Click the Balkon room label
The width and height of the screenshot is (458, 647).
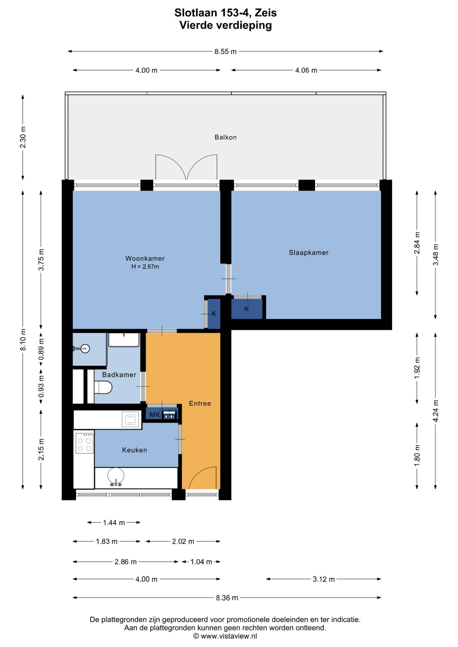(x=226, y=137)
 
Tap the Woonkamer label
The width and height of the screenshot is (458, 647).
(x=145, y=258)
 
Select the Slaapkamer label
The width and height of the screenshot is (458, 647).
(x=309, y=253)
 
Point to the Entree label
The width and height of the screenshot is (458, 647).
(x=200, y=403)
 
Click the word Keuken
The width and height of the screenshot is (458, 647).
(x=135, y=450)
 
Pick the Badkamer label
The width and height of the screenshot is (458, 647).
(x=119, y=375)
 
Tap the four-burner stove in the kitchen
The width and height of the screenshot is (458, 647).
(x=84, y=443)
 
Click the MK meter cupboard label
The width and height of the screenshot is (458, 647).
(x=155, y=415)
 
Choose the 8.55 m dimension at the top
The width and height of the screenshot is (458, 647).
(x=226, y=52)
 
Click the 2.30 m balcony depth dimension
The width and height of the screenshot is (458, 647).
(x=23, y=137)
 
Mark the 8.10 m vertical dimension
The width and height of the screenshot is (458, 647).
(x=23, y=340)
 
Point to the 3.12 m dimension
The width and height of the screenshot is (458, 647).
(x=324, y=579)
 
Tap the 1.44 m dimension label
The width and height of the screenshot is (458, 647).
(x=114, y=523)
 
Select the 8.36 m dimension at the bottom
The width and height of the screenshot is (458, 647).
(x=227, y=598)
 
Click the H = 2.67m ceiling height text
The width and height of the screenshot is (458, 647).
(x=145, y=267)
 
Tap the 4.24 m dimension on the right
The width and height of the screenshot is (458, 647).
(x=435, y=411)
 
